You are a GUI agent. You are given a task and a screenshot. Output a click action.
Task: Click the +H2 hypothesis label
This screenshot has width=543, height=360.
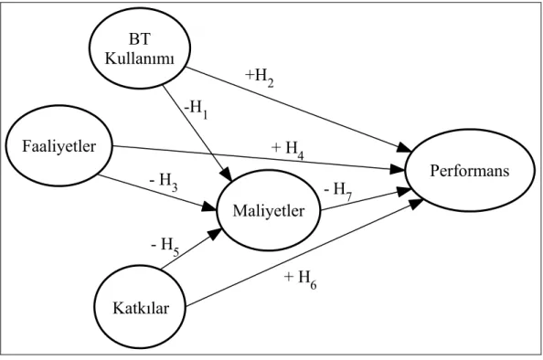(260, 77)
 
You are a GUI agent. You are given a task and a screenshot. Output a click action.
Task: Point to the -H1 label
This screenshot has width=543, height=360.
(196, 110)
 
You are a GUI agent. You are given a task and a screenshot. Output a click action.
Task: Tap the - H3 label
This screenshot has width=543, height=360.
(165, 182)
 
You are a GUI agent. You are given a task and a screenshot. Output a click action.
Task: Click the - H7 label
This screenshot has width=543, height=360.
(338, 191)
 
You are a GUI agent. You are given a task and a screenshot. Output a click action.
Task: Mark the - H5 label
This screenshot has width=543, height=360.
(165, 247)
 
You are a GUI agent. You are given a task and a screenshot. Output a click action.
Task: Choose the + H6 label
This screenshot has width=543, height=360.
(300, 279)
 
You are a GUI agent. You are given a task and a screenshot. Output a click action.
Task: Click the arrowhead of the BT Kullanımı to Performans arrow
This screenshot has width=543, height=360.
(404, 147)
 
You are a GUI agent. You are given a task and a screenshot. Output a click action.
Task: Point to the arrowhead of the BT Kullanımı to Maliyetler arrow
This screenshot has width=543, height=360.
(227, 174)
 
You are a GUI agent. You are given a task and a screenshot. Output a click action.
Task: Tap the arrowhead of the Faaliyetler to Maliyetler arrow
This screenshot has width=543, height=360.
(209, 206)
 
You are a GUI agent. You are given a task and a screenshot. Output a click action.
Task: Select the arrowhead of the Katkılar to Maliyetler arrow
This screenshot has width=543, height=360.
(215, 234)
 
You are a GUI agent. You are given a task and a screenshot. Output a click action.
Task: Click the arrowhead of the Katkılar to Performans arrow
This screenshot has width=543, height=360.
(415, 204)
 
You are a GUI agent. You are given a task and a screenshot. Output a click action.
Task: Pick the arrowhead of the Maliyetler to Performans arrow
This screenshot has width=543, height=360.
(404, 191)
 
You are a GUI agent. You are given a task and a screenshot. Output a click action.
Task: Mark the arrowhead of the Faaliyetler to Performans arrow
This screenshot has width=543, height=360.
(398, 169)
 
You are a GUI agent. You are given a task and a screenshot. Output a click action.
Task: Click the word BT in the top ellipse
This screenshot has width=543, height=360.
(140, 39)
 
